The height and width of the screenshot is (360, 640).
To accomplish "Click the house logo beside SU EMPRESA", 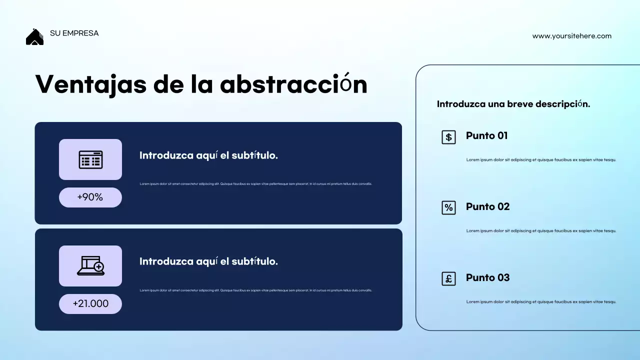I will point(34,37).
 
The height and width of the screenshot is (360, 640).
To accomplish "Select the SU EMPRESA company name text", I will point(74,33).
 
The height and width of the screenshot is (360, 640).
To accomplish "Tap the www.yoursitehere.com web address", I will point(571,36).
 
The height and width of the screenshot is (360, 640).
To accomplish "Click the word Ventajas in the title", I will point(90,84).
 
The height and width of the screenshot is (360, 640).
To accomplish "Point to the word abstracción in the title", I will point(293,84).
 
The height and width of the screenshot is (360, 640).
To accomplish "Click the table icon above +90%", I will point(90,159).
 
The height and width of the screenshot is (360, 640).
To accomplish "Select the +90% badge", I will point(90,197).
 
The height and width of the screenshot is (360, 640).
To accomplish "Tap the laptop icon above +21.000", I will point(90,266).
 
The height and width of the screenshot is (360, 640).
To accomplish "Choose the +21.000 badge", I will point(90,304).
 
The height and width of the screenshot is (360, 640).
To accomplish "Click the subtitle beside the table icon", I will point(208,155).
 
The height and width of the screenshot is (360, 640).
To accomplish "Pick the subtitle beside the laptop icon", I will point(208,261).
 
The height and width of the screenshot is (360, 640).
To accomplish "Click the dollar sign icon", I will point(448,137).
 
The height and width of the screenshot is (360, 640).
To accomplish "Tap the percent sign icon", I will point(448,208).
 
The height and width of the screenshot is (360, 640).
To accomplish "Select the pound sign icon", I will point(448,279).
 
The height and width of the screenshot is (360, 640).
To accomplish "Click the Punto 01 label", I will point(486,135).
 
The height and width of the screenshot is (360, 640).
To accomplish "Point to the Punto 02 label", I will point(487,206).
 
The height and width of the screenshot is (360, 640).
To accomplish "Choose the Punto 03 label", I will point(487,277).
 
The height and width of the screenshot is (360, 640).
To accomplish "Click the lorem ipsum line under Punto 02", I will point(541,231).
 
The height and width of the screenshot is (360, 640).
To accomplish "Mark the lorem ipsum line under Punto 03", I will point(541,302).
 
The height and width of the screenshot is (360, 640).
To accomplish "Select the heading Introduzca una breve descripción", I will point(513,104).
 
